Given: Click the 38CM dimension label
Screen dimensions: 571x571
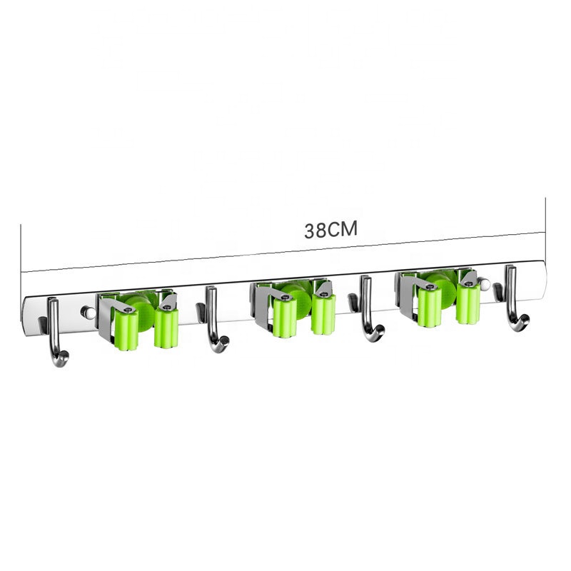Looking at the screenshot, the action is coord(330,230).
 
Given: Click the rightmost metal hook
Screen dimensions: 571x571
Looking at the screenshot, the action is coord(512,298).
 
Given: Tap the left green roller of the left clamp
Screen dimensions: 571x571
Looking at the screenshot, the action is coord(126,330).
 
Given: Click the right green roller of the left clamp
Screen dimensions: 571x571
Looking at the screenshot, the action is coord(166,326).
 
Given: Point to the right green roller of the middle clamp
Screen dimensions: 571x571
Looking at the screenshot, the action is coord(323,314).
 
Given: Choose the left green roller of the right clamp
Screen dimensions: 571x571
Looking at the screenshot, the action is coord(430,307).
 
